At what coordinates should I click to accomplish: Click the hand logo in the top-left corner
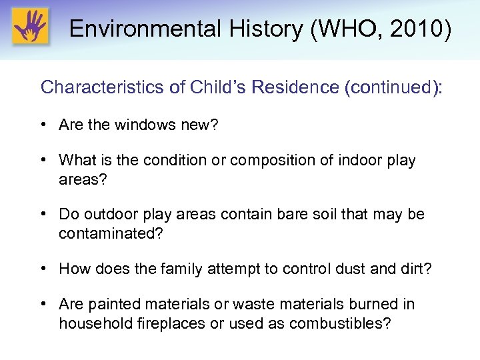coord(30,27)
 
